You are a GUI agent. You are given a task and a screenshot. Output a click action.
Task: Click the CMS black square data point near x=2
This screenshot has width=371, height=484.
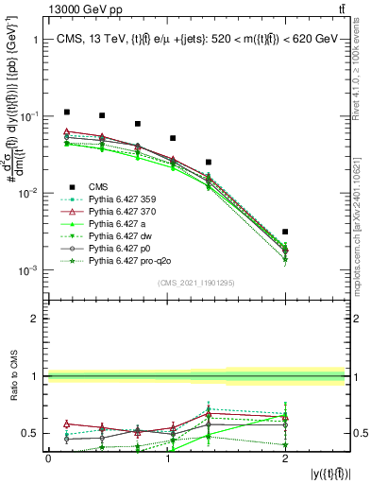pos(285,232)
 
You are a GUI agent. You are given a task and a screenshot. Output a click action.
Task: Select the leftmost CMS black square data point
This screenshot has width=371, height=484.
pos(66,112)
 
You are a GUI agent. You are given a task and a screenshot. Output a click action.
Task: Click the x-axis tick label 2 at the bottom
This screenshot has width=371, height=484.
pos(285,458)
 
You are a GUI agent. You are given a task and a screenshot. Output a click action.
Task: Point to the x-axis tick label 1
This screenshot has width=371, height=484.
pos(167,458)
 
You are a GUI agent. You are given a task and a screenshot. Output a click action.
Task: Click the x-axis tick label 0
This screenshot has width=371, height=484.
pos(49,458)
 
